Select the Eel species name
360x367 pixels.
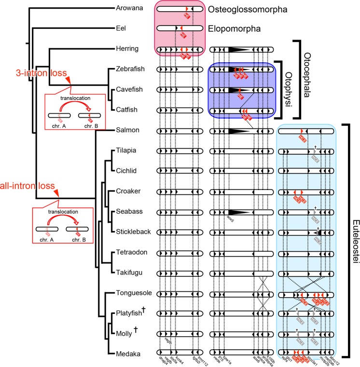(122, 28)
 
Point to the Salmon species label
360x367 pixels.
(128, 131)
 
